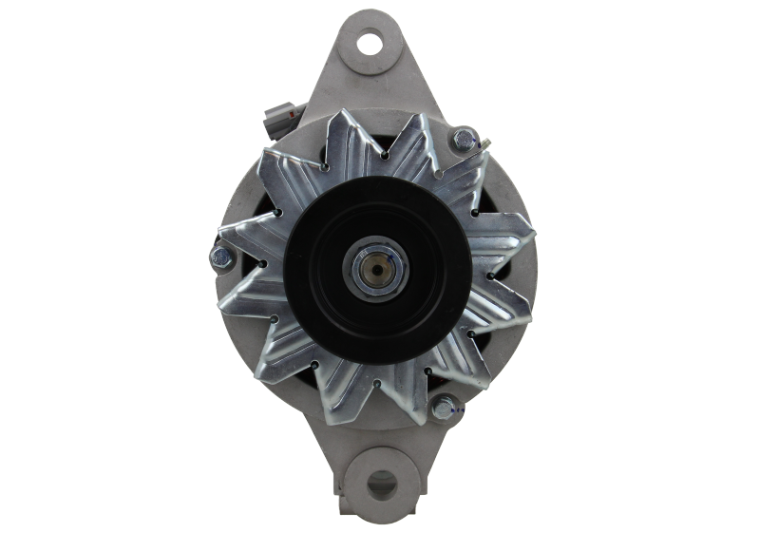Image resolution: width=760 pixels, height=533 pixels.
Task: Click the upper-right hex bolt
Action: click(463, 142)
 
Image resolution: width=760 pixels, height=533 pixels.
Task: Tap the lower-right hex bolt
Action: click(443, 409)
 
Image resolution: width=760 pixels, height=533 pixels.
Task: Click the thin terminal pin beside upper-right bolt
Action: click(484, 143)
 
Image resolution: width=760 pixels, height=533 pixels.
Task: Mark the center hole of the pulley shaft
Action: click(379, 267)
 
